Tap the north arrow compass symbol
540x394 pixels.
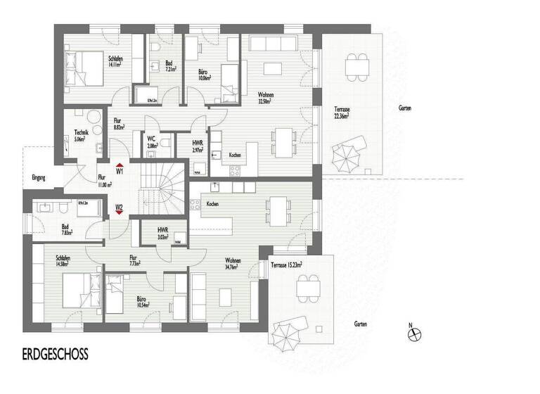pyautogui.click(x=414, y=333)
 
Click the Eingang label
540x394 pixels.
pyautogui.click(x=38, y=178)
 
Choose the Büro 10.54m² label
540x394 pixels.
pyautogui.click(x=146, y=301)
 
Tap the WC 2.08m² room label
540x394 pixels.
pyautogui.click(x=151, y=141)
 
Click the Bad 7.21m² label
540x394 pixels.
pyautogui.click(x=170, y=66)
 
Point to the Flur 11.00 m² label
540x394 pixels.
pyautogui.click(x=104, y=180)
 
